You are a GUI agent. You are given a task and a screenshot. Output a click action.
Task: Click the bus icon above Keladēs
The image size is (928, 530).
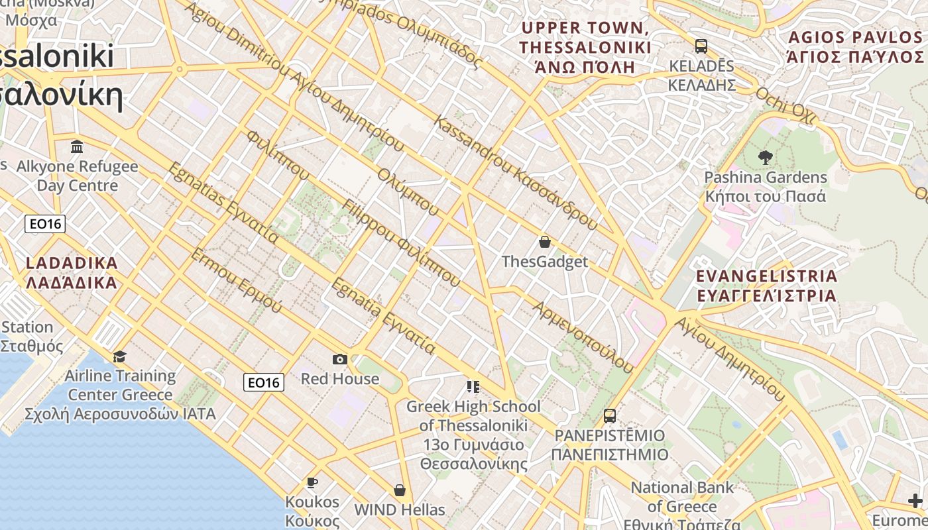[x=701, y=46]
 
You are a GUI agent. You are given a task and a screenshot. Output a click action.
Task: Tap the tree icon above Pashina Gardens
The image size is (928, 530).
[x=766, y=158]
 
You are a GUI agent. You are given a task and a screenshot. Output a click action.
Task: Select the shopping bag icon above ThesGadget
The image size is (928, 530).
[x=544, y=242]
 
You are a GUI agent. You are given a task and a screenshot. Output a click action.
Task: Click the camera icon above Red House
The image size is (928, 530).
[x=339, y=359]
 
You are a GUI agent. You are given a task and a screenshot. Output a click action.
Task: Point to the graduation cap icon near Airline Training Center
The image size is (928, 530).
[x=119, y=357]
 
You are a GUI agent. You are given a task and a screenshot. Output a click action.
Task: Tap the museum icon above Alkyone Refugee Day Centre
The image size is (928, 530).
[x=77, y=146]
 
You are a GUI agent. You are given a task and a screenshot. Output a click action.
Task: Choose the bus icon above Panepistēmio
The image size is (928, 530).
[x=609, y=416]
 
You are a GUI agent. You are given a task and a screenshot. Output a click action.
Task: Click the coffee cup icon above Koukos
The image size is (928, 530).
[x=312, y=482]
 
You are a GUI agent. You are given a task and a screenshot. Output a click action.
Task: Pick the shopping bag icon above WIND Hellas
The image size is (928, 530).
[x=399, y=490]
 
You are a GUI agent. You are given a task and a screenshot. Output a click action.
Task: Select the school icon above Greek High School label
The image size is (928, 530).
[x=473, y=386]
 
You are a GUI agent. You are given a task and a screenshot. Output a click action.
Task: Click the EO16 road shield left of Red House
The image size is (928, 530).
[x=264, y=382]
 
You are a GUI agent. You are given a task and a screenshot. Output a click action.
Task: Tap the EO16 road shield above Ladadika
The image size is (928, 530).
[x=45, y=224]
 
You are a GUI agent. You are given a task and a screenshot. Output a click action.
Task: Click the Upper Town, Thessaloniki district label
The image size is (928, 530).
[x=585, y=48]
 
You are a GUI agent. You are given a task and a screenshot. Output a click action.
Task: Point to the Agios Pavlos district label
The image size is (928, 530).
[x=854, y=46]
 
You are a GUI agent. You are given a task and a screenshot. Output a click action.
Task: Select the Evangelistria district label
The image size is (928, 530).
[x=767, y=286]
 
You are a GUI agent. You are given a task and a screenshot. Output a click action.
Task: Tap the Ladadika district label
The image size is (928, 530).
[x=72, y=273]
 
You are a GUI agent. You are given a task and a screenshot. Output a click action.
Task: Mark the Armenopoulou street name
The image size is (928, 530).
[x=583, y=336]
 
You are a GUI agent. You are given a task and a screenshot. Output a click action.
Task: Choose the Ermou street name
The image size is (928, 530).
[x=236, y=281]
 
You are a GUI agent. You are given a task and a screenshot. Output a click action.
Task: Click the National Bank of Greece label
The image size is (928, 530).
[x=682, y=498]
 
